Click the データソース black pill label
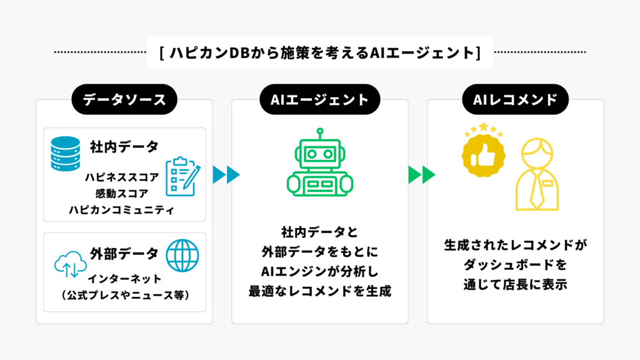124,99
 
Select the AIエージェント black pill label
319,99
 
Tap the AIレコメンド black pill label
515,99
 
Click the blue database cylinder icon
66,154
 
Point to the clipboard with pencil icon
182,176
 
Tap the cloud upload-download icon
69,265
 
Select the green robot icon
319,163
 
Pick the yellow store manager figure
536,176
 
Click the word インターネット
124,279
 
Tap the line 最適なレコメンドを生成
319,291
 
